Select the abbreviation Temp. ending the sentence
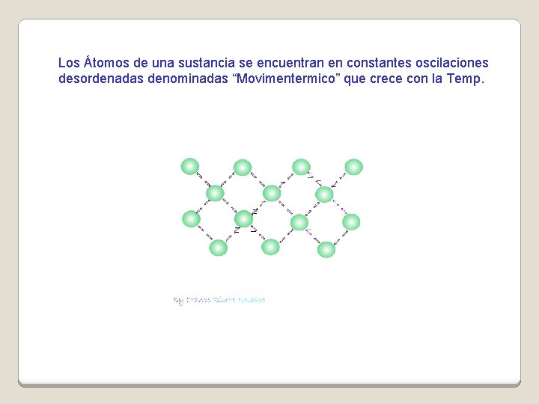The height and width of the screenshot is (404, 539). [466, 79]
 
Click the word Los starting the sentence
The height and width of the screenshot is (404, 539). [69, 63]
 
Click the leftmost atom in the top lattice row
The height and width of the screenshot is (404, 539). [190, 166]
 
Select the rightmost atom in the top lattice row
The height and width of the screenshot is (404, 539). [353, 167]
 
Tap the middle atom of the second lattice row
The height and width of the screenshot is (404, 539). [272, 194]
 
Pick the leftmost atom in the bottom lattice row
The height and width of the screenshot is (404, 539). [218, 248]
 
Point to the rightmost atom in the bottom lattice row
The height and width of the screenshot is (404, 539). [326, 249]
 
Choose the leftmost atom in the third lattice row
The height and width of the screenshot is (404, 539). [191, 218]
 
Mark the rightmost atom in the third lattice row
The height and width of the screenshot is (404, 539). [351, 221]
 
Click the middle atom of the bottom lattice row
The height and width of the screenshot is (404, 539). [270, 247]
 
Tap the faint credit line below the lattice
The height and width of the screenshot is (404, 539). [219, 300]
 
